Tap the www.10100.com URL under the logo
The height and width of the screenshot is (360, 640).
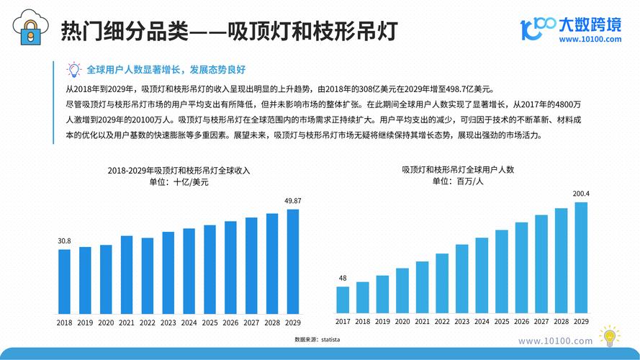[x=590, y=40]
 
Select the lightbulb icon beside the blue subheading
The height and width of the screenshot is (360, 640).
[x=73, y=70]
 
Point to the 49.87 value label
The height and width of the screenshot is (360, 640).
[x=293, y=201]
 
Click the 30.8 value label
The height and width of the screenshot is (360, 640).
[x=64, y=240]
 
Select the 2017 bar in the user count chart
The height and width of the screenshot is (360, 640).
[x=343, y=300]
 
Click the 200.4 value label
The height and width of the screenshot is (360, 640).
[x=581, y=194]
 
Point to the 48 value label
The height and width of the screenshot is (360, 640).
[x=343, y=278]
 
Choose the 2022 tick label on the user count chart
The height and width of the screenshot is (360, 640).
[x=442, y=322]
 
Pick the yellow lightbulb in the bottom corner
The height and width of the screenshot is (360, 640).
[x=609, y=336]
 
